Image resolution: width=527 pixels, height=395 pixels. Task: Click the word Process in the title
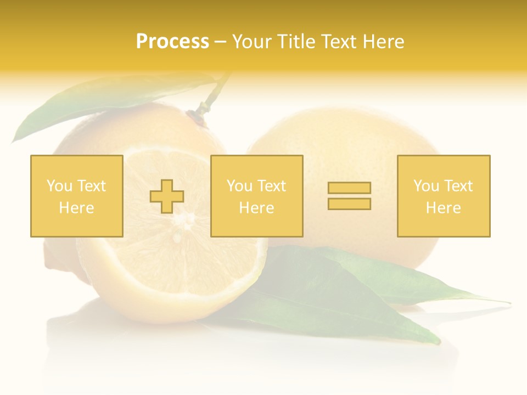pyautogui.click(x=172, y=42)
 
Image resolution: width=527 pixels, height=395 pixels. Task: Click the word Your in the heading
pyautogui.click(x=251, y=42)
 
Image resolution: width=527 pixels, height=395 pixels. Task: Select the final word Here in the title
pyautogui.click(x=381, y=42)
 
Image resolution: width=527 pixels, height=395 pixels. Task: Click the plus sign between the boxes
pyautogui.click(x=167, y=196)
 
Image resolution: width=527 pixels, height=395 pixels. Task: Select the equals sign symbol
pyautogui.click(x=349, y=196)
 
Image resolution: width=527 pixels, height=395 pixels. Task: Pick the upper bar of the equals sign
pyautogui.click(x=349, y=188)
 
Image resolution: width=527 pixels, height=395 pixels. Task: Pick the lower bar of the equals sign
pyautogui.click(x=349, y=204)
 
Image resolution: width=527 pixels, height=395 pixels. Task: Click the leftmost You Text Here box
pyautogui.click(x=76, y=196)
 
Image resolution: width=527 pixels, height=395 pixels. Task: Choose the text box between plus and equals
pyautogui.click(x=256, y=196)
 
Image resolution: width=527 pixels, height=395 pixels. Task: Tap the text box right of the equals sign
pyautogui.click(x=443, y=196)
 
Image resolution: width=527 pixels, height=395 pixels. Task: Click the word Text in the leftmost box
pyautogui.click(x=91, y=186)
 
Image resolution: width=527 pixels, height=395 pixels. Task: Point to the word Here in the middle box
pyautogui.click(x=256, y=208)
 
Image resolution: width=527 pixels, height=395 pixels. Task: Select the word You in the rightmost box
pyautogui.click(x=426, y=186)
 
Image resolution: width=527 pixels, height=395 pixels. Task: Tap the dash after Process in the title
pyautogui.click(x=220, y=42)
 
